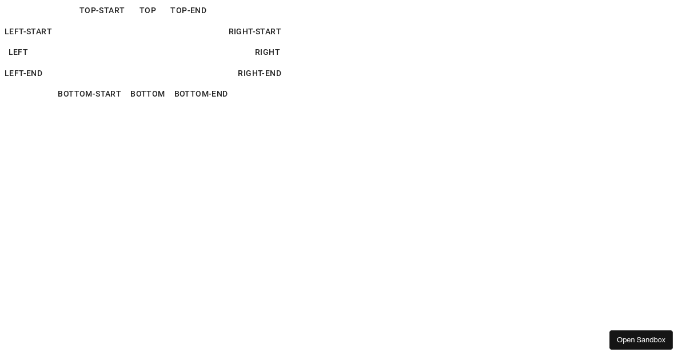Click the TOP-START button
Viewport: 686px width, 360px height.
(102, 11)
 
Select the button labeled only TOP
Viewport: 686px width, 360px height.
(148, 11)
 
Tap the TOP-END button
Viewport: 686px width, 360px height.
(188, 11)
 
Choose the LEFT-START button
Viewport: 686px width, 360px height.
(28, 32)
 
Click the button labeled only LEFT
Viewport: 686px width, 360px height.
(18, 53)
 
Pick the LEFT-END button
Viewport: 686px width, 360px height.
(23, 74)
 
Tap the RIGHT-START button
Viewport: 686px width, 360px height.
(255, 32)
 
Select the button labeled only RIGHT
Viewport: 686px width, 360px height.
(268, 53)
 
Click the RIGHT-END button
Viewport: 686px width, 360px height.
(260, 74)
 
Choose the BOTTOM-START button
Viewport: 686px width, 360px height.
(89, 94)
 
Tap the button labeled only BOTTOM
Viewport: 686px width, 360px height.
(147, 94)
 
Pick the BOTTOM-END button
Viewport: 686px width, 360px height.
(201, 94)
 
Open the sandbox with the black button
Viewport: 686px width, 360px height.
(641, 340)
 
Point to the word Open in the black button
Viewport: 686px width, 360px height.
(625, 340)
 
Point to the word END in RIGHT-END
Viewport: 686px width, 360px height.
(272, 74)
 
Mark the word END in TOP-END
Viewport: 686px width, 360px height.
(198, 11)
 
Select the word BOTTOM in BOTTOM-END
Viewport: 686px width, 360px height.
(189, 94)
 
